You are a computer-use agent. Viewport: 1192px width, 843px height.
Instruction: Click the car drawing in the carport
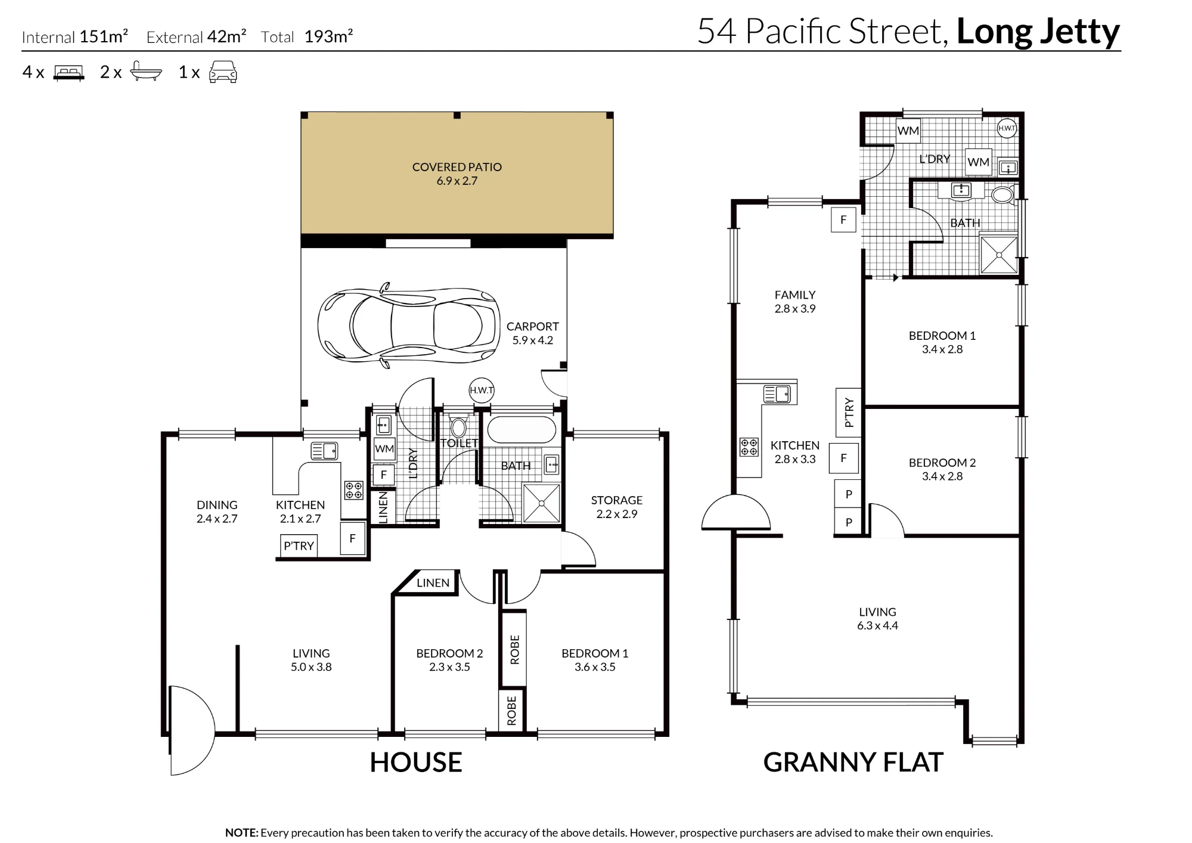click(x=409, y=325)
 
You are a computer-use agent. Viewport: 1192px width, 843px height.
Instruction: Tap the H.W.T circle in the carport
click(x=482, y=390)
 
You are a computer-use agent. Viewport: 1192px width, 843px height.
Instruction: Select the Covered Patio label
click(x=457, y=173)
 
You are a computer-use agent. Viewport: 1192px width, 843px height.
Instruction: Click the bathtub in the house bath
click(x=521, y=429)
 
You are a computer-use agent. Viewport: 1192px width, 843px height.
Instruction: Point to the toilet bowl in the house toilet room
click(x=458, y=427)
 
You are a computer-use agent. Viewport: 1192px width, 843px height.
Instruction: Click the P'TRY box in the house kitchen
click(x=299, y=546)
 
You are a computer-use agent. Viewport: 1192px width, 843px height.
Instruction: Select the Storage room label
click(x=617, y=507)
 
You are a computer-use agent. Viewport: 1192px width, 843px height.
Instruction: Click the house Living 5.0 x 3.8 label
click(x=311, y=660)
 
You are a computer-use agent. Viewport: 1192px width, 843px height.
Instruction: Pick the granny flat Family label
click(x=795, y=302)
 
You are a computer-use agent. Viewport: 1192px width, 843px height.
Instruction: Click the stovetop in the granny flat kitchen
click(x=749, y=447)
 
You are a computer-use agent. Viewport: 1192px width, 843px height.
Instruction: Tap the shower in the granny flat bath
click(x=999, y=255)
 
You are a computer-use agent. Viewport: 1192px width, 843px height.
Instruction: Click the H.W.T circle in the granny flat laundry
click(x=1007, y=128)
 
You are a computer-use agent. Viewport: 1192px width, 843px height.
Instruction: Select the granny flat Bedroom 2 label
click(x=942, y=469)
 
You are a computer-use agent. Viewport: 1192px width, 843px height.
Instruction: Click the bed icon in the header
click(x=69, y=73)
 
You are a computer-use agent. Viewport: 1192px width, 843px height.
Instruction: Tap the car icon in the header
click(x=223, y=72)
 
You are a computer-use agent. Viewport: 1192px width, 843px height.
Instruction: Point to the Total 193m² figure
click(x=307, y=37)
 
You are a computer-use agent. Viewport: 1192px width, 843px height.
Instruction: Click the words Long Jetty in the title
click(x=1038, y=32)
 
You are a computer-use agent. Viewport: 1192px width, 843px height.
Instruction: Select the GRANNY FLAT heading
click(x=853, y=763)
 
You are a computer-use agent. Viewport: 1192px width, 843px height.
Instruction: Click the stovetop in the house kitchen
click(x=354, y=490)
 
